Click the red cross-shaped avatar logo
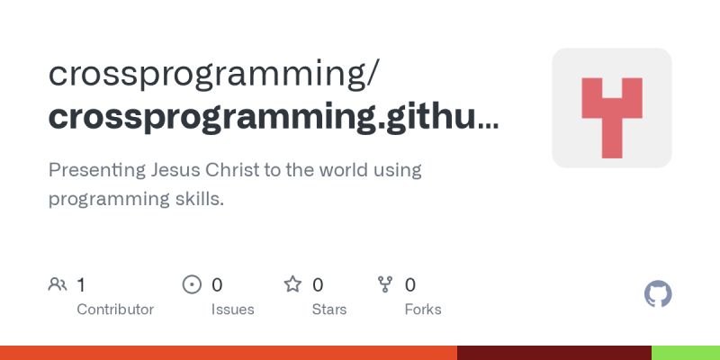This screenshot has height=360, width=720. [x=612, y=108]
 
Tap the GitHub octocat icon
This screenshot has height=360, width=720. [x=659, y=294]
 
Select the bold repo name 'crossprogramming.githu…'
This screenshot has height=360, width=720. [x=273, y=117]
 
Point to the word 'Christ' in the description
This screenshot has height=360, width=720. [x=237, y=169]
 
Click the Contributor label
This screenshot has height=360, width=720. [x=115, y=310]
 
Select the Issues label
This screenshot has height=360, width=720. [x=233, y=310]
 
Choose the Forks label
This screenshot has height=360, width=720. [x=423, y=310]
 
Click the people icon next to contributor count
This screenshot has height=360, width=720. [x=58, y=285]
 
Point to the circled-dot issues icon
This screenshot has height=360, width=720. [x=192, y=285]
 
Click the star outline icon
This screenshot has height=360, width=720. [x=292, y=285]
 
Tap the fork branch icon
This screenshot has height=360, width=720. [x=386, y=285]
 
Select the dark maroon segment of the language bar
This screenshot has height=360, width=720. [x=553, y=353]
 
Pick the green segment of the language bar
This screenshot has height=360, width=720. [x=685, y=353]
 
